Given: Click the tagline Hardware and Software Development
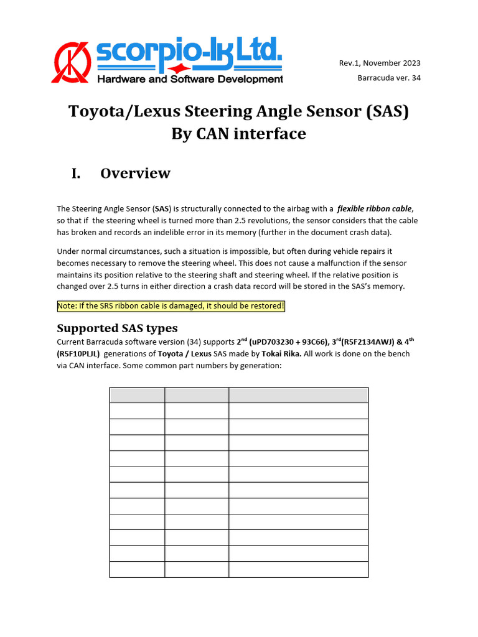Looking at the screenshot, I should click(x=190, y=79).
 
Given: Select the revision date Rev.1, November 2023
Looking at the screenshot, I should click(x=379, y=63).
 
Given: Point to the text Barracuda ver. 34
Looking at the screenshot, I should click(x=388, y=78).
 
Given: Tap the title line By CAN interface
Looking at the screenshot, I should click(x=238, y=133).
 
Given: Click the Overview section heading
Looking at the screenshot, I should click(x=135, y=173).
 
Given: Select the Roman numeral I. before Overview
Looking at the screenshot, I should click(x=75, y=173).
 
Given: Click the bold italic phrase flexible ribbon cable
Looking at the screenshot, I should click(x=374, y=208).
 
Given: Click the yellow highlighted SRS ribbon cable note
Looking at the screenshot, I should click(x=171, y=307).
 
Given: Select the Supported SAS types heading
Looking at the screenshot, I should click(x=117, y=328).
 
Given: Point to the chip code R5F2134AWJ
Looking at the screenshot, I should click(x=362, y=342).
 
